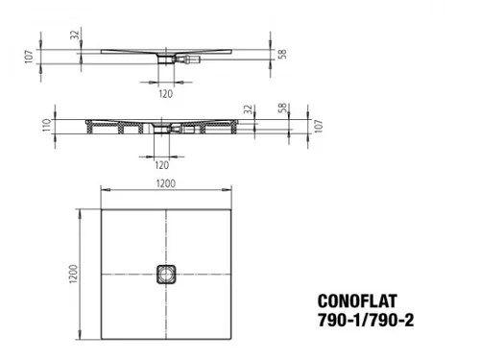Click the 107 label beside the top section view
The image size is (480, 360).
[29, 57]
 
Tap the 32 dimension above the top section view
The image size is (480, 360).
[74, 35]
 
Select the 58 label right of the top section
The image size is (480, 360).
[282, 54]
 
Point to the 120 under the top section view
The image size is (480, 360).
[166, 94]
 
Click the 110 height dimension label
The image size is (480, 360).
[47, 125]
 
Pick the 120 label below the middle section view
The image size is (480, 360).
[161, 165]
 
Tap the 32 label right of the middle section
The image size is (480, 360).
[248, 109]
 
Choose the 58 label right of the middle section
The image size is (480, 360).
[282, 108]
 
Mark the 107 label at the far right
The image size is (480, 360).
[319, 126]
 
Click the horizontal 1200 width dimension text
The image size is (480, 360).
[166, 183]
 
